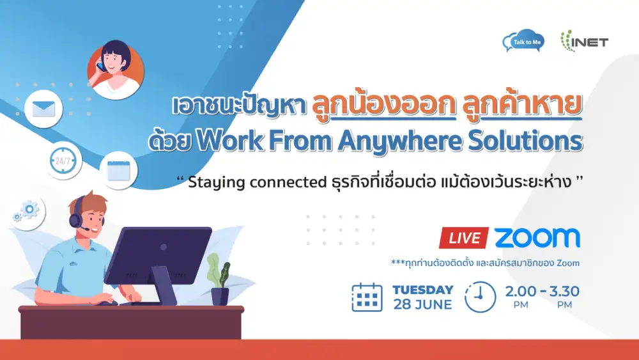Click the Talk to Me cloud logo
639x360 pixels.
(x=523, y=41)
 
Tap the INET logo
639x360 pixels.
(x=585, y=41)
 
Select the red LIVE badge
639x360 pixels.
(x=464, y=238)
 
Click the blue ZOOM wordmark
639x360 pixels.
(x=537, y=238)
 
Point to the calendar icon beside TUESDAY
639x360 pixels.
(x=367, y=297)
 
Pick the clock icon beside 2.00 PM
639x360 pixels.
(x=480, y=297)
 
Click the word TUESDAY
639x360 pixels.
(x=423, y=290)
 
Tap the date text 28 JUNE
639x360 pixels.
(x=422, y=304)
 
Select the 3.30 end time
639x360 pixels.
(x=564, y=291)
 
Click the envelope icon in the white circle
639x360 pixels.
(x=43, y=109)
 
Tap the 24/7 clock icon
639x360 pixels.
(x=63, y=160)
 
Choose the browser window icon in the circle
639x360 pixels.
(x=119, y=171)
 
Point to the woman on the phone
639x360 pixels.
(x=116, y=69)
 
